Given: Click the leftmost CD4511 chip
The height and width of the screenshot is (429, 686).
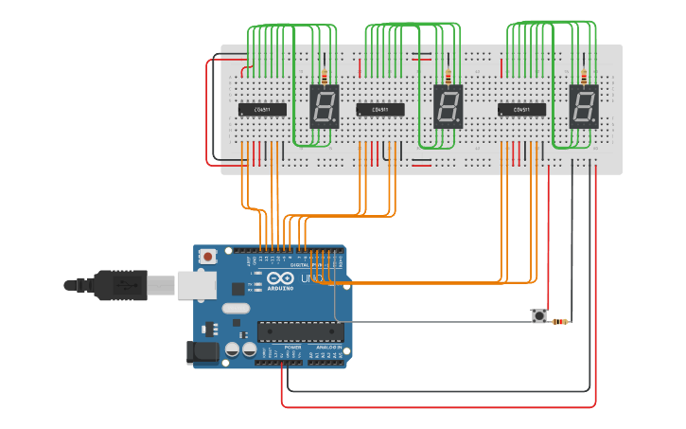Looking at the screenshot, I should point(262,110).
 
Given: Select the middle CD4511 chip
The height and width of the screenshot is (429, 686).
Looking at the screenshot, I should point(380,110).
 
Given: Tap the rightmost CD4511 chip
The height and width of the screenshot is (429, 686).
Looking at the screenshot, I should point(521,110).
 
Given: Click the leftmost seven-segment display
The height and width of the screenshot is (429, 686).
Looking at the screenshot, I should point(324,106).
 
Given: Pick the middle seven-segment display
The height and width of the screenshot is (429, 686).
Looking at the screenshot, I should point(448,106).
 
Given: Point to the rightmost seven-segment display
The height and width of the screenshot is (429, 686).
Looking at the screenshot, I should point(583,106).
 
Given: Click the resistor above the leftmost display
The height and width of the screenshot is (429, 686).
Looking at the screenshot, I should point(325,77).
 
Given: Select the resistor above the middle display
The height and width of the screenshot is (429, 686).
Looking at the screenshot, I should point(448,77).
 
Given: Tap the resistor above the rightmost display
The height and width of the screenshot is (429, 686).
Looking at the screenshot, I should point(583,77).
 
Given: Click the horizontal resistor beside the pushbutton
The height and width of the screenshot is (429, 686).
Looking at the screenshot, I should point(559,322).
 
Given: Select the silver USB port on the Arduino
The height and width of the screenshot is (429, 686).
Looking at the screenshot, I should point(195,283).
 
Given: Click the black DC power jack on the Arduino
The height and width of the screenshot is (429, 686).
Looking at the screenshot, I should point(204,352).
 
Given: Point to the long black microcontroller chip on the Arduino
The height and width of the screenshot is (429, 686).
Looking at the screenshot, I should point(300,331).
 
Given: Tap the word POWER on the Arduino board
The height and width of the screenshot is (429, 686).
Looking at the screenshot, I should point(292,348).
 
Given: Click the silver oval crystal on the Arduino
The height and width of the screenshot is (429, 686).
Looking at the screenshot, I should point(235,308).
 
